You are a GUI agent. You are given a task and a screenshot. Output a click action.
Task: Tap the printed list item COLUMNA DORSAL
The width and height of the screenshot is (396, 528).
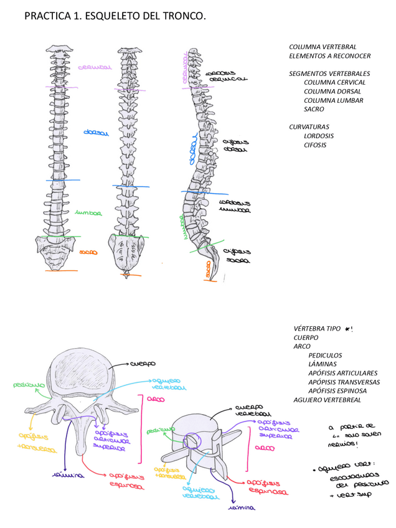[332, 92]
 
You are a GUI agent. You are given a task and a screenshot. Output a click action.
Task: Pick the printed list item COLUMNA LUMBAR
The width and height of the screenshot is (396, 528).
[333, 100]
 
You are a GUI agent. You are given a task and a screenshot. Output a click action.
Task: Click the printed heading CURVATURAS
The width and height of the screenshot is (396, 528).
[309, 127]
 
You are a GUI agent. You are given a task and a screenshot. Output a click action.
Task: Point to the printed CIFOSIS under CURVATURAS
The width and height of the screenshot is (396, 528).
[315, 145]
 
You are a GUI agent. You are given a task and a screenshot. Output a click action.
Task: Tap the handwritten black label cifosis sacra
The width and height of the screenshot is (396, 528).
[237, 256]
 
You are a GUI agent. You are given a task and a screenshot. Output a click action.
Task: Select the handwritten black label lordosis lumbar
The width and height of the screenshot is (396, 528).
[235, 206]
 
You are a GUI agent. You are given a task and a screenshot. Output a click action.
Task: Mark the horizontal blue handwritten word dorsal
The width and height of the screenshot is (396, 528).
[96, 133]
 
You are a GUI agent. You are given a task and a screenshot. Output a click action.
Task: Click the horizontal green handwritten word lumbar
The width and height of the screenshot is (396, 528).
[88, 213]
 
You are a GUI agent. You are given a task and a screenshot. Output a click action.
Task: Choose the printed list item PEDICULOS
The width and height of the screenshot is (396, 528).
[325, 356]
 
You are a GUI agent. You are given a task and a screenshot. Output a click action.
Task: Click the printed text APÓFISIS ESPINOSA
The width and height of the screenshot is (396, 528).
[337, 391]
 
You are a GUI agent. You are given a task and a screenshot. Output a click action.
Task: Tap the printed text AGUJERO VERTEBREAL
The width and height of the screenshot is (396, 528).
[327, 400]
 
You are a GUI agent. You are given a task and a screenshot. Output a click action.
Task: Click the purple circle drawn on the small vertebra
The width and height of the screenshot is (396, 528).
[193, 440]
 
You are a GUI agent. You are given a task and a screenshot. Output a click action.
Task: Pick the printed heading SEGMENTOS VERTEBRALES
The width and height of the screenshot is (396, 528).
[329, 73]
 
